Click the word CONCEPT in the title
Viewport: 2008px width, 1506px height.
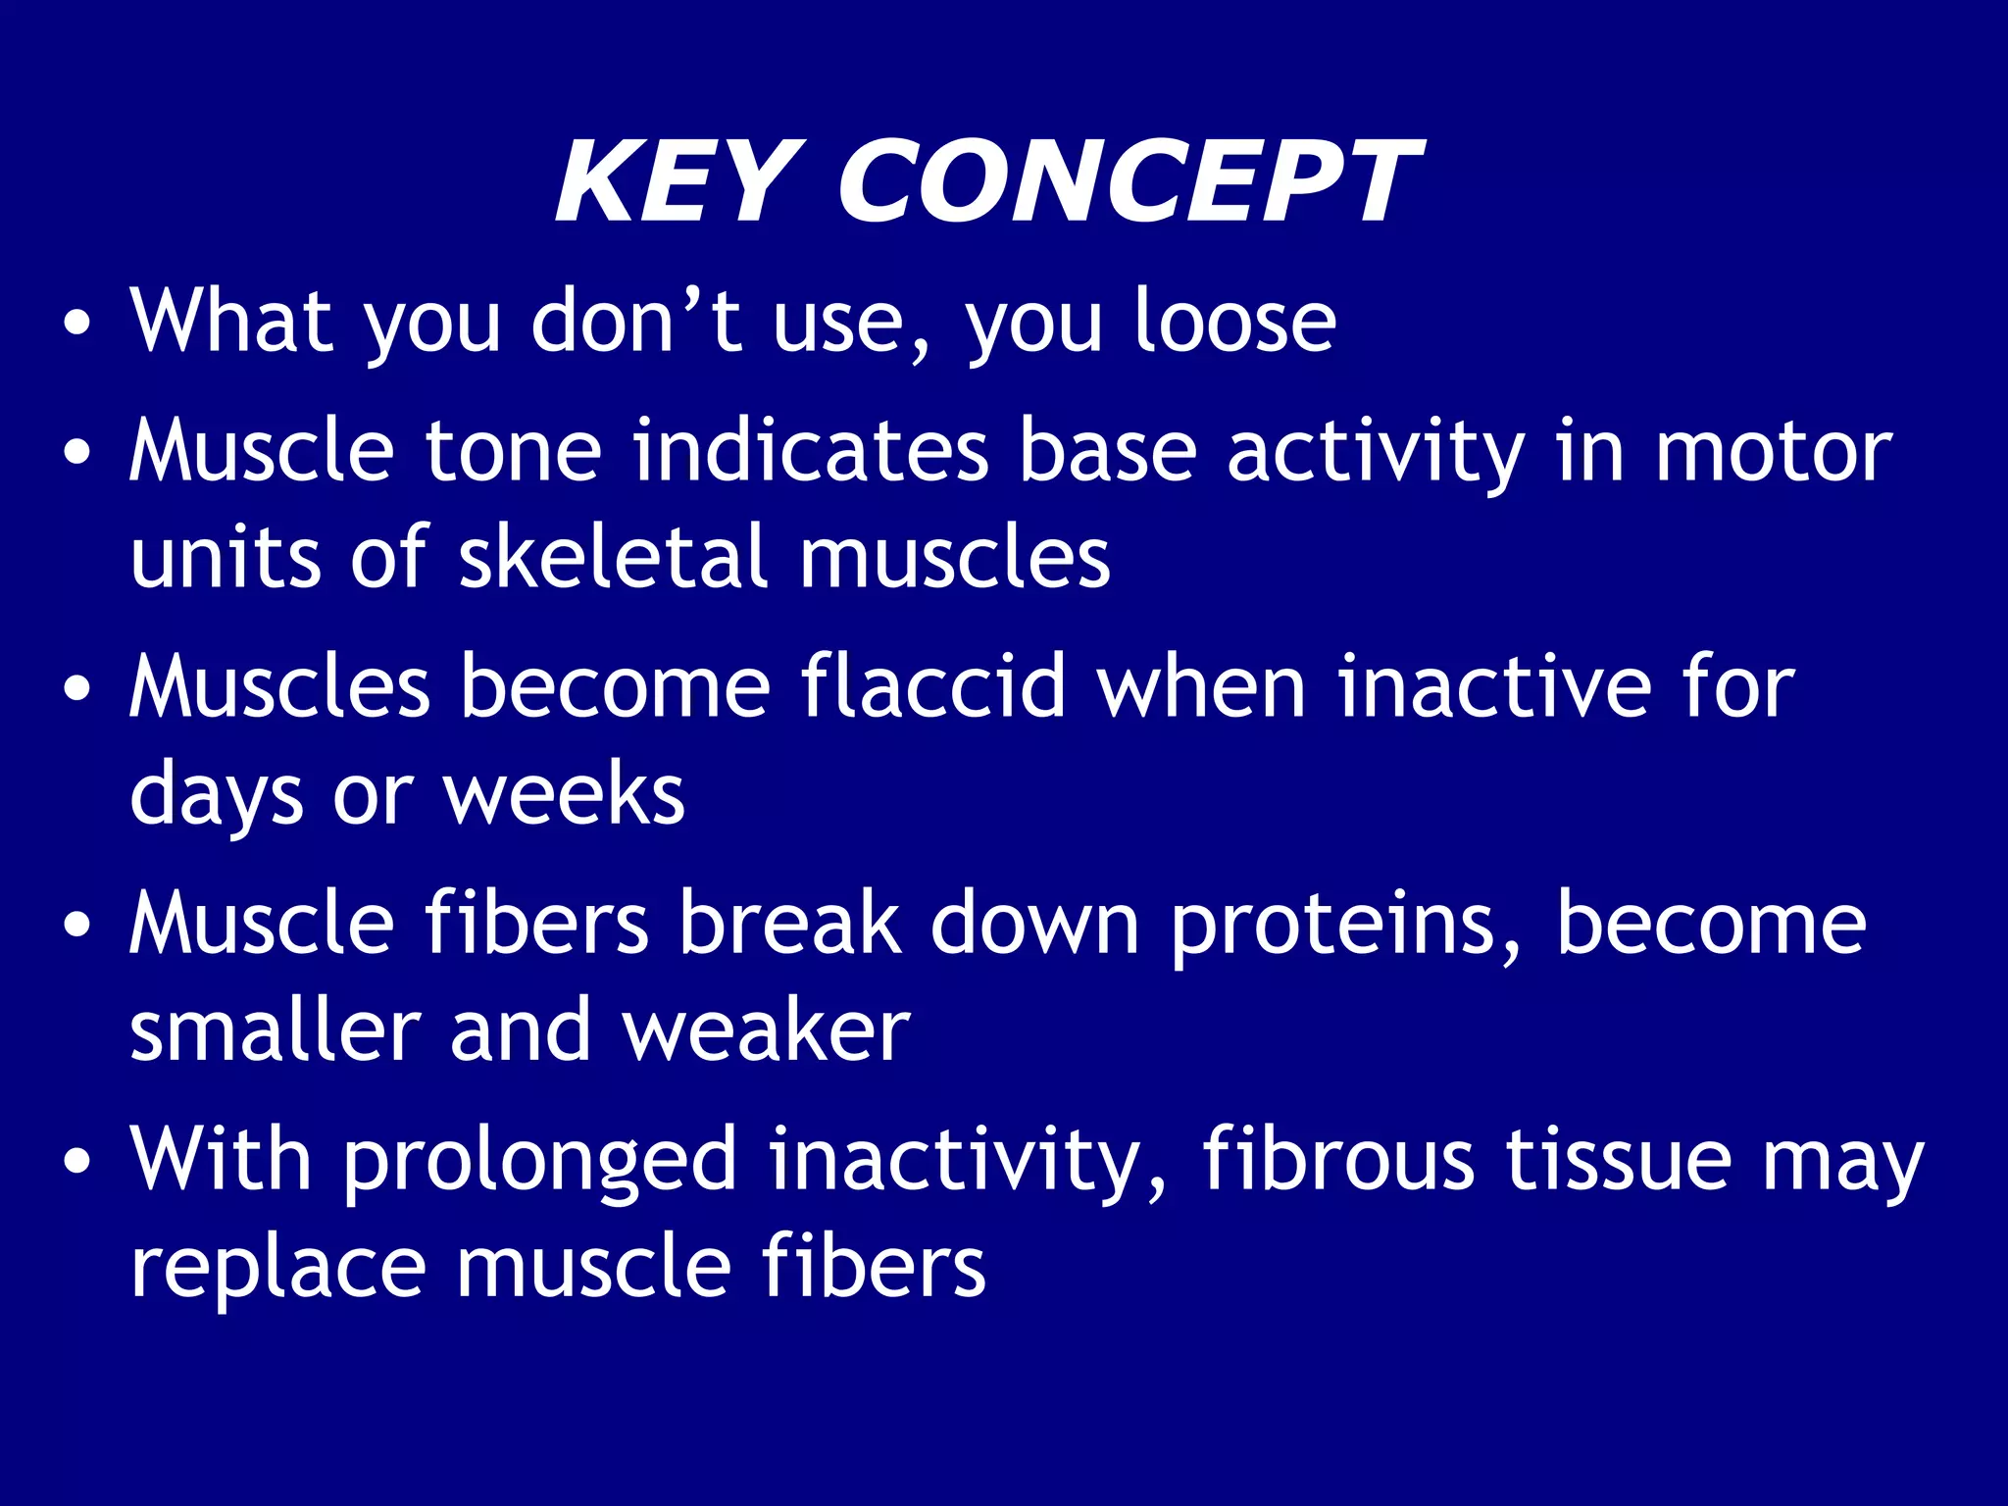tap(1128, 183)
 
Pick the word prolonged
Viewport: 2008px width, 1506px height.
tap(539, 1162)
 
